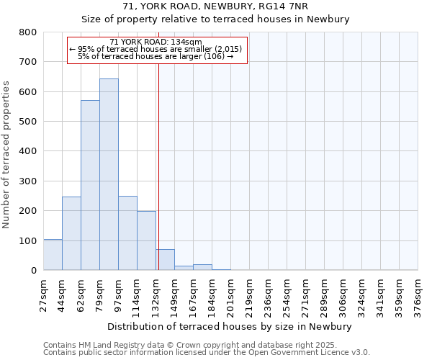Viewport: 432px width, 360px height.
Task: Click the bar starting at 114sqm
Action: (x=146, y=240)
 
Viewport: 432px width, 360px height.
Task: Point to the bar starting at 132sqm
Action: (x=166, y=260)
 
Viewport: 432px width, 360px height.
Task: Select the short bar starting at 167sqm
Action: (x=202, y=267)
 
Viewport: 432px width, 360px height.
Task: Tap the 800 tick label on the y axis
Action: (x=28, y=32)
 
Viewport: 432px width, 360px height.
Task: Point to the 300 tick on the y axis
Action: (x=28, y=181)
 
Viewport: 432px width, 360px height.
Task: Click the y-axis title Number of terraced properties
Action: (x=7, y=151)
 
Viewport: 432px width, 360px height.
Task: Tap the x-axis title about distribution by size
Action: (x=230, y=326)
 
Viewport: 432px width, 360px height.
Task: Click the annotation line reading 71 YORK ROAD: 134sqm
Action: (x=156, y=42)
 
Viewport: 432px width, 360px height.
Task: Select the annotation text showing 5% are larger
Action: (x=156, y=56)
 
